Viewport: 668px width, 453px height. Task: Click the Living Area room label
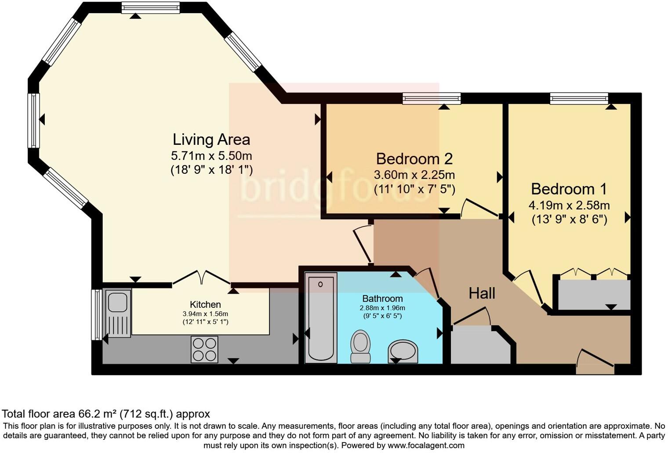[x=211, y=140]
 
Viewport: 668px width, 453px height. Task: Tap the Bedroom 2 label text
[x=414, y=159]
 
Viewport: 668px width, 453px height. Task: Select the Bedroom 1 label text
[x=569, y=189]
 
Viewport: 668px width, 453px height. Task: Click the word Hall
[x=482, y=293]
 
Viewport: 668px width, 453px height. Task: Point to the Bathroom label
[x=382, y=298]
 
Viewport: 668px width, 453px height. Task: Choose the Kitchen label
[x=206, y=304]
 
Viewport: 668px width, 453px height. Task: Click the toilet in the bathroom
[x=360, y=347]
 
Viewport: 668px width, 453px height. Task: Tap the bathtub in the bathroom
[x=321, y=317]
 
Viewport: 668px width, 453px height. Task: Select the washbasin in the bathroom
[x=403, y=352]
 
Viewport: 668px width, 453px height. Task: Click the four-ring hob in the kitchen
[x=205, y=349]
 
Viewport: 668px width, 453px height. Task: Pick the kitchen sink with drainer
[x=118, y=313]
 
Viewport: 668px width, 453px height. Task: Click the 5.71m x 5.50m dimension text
[x=211, y=155]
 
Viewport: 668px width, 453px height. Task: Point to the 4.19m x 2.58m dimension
[x=569, y=205]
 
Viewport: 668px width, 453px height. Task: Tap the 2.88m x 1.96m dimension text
[x=382, y=308]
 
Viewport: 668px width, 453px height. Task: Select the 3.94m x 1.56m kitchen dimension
[x=206, y=314]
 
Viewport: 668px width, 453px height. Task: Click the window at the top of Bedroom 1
[x=579, y=99]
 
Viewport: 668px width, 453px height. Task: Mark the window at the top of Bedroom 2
[x=432, y=99]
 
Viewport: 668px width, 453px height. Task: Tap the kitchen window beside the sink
[x=97, y=314]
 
